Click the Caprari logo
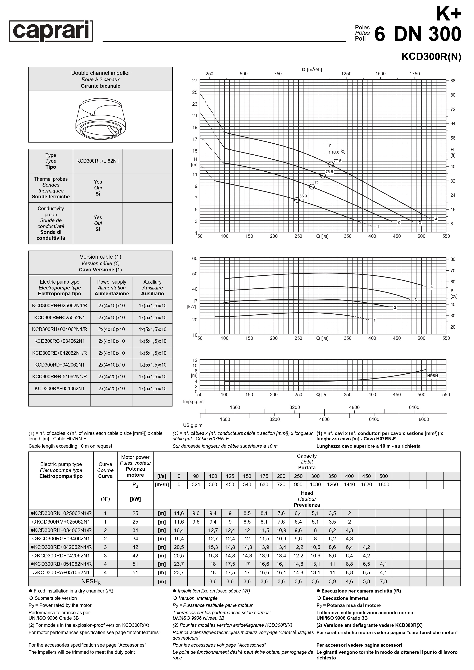click(x=51, y=31)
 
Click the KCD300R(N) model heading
click(x=431, y=57)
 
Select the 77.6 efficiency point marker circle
click(x=331, y=165)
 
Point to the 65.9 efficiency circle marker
click(x=297, y=200)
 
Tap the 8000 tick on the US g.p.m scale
click(x=424, y=419)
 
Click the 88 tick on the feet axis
click(x=453, y=81)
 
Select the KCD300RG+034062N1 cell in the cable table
click(x=59, y=341)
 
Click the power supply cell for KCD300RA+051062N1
click(x=112, y=388)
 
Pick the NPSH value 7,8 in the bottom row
click(x=383, y=581)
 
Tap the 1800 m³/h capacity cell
click(x=383, y=484)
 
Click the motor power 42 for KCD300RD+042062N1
click(x=135, y=556)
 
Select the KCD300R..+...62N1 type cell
click(x=98, y=161)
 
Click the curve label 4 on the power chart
click(x=431, y=287)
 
